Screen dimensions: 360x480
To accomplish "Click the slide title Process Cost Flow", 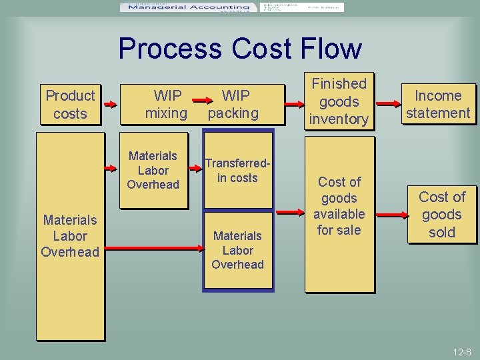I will pos(240,49).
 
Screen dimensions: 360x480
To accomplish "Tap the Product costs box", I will pos(70,105).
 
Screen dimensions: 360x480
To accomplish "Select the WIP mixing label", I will pos(166,105).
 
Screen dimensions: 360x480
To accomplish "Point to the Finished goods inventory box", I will pos(339,101).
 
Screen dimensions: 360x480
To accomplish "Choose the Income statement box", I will pos(438,105).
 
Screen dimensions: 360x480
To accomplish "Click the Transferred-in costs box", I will pos(237,171).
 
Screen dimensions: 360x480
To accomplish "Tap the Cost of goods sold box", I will pos(441,215).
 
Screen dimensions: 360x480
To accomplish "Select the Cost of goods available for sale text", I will pos(339,206).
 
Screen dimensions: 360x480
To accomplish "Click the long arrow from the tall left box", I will pos(157,249).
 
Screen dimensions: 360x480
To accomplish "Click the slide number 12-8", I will pos(461,351).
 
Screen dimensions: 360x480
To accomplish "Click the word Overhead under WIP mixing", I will pos(153,185).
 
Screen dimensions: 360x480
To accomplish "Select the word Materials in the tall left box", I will pos(70,220).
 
